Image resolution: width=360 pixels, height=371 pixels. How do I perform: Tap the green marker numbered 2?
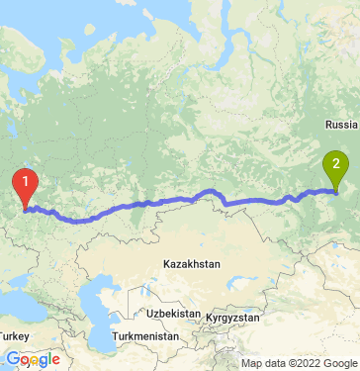point(337,165)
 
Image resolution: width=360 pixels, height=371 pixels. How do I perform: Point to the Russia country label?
point(341,126)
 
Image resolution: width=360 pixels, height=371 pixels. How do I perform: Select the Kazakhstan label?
point(192,264)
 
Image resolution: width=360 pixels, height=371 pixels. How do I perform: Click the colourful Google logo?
point(32,360)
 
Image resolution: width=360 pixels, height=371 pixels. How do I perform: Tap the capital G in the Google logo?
point(11,359)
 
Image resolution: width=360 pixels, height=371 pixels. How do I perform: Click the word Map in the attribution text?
point(236,363)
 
